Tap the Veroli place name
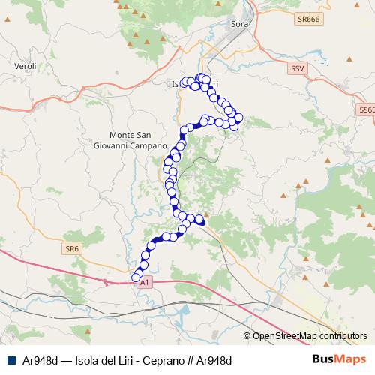coord(25,67)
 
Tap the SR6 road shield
coord(72,248)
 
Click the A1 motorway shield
coord(145,281)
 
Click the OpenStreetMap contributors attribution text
coord(310,335)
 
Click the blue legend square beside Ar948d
coord(12,361)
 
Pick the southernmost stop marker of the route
coord(136,277)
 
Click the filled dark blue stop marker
coord(200,220)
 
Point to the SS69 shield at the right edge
coord(367,109)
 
